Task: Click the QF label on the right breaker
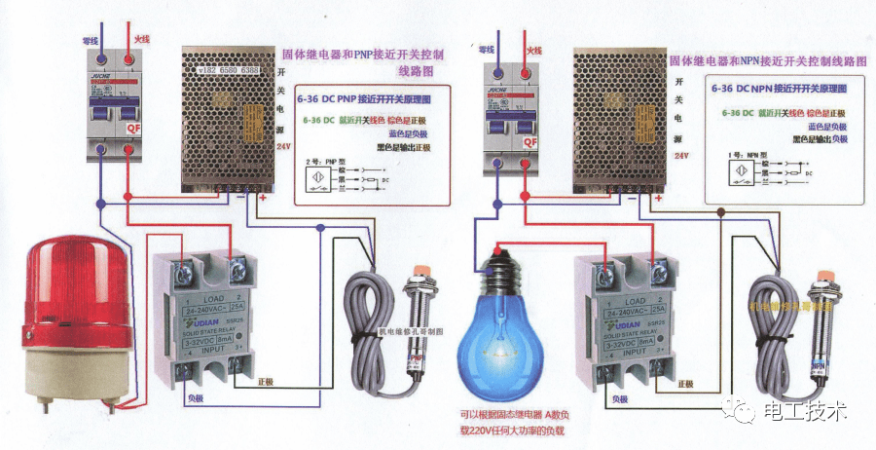(x=530, y=142)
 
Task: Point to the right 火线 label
(x=533, y=49)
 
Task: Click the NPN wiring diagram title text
(x=767, y=59)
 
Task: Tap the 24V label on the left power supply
(x=283, y=147)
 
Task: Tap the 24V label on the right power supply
(x=681, y=156)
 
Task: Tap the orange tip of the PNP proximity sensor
(x=421, y=268)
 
